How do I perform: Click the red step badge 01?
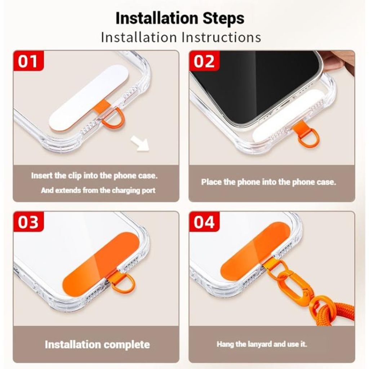click(x=28, y=61)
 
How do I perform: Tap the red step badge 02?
click(x=204, y=61)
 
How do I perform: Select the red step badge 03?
click(x=28, y=222)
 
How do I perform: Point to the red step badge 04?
click(x=204, y=222)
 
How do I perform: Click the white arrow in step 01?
click(x=141, y=143)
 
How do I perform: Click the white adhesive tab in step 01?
click(x=89, y=97)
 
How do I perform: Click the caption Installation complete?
click(x=97, y=344)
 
